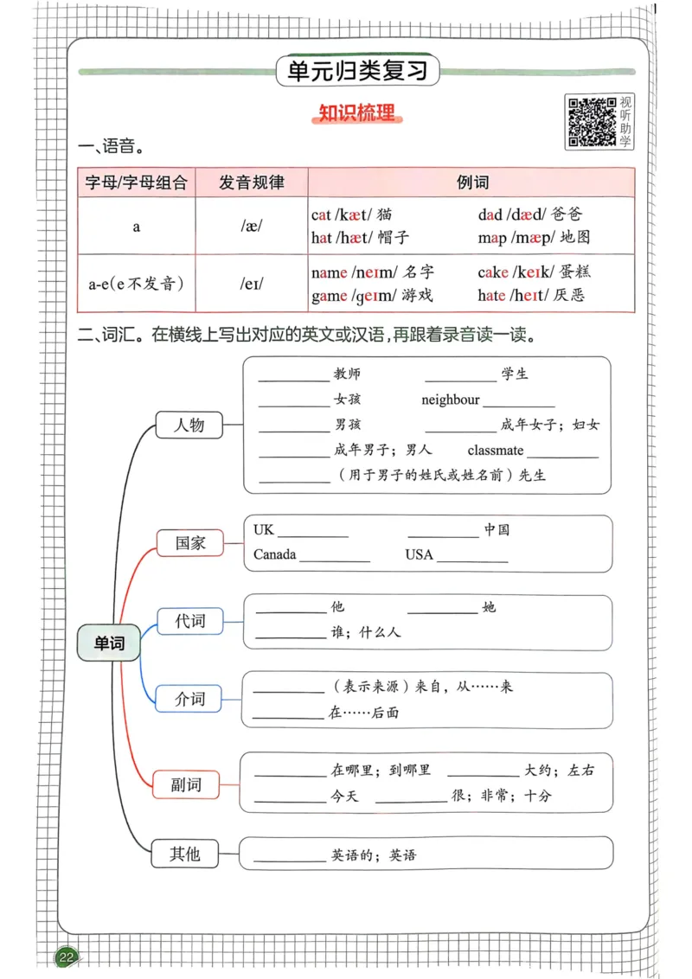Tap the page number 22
pyautogui.click(x=67, y=957)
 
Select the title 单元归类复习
pyautogui.click(x=357, y=71)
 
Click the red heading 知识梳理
pyautogui.click(x=356, y=113)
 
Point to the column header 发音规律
pyautogui.click(x=251, y=182)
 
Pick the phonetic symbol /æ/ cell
pyautogui.click(x=251, y=226)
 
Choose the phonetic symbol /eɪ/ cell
pyautogui.click(x=251, y=283)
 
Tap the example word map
pyautogui.click(x=492, y=238)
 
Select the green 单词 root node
pyautogui.click(x=109, y=643)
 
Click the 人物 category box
pyautogui.click(x=189, y=425)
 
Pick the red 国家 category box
pyautogui.click(x=189, y=543)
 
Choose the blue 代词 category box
pyautogui.click(x=189, y=621)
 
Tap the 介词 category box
pyautogui.click(x=189, y=698)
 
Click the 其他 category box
pyautogui.click(x=184, y=854)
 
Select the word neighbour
pyautogui.click(x=450, y=400)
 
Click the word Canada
pyautogui.click(x=275, y=554)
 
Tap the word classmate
pyautogui.click(x=495, y=451)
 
